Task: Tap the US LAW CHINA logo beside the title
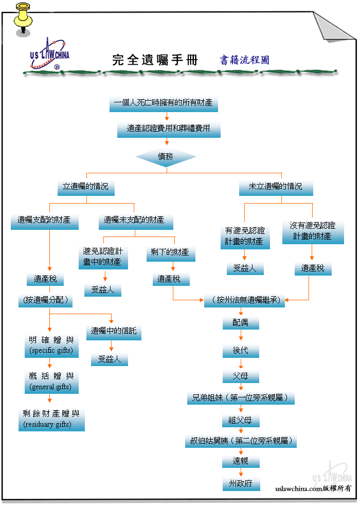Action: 50,54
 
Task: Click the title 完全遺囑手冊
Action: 155,60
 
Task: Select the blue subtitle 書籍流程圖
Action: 244,60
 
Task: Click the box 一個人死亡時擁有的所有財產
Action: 164,104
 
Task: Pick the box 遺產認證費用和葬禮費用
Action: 169,130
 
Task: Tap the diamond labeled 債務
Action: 166,157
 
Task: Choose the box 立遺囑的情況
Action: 86,188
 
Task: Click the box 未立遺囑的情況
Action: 276,188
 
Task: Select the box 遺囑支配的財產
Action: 44,222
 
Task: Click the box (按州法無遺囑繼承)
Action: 244,301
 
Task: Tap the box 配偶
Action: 241,323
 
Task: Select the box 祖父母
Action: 241,421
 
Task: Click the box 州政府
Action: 241,484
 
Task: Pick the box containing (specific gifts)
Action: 51,347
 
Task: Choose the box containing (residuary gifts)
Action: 51,420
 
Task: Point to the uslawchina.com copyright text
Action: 313,488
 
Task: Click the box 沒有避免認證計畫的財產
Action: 313,232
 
